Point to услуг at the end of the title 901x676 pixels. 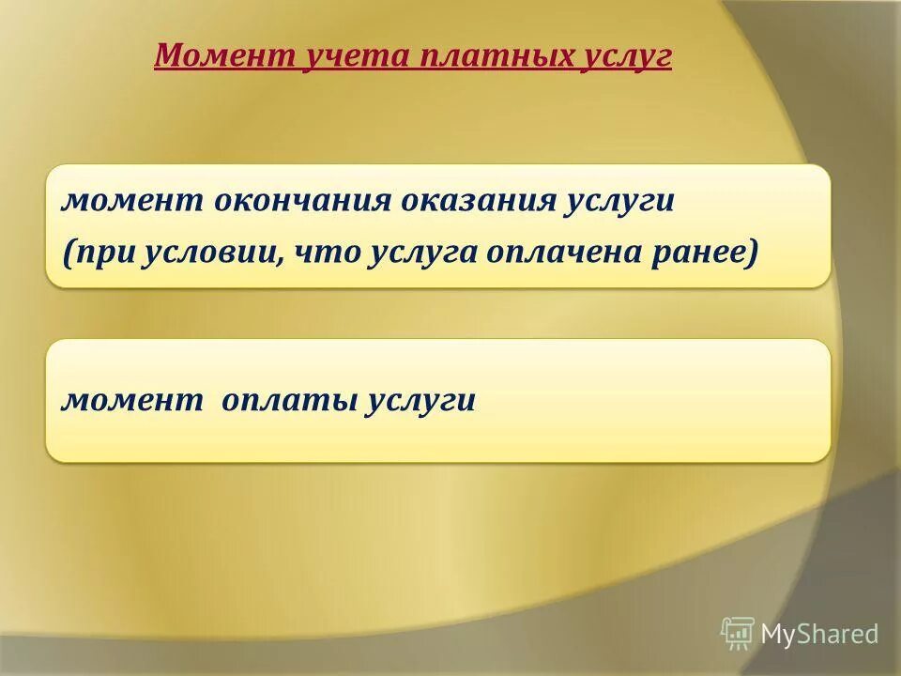[x=629, y=57]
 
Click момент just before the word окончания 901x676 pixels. [x=133, y=202]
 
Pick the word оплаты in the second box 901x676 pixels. [x=287, y=401]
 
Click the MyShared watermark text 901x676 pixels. [x=819, y=635]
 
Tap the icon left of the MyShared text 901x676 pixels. [x=738, y=634]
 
